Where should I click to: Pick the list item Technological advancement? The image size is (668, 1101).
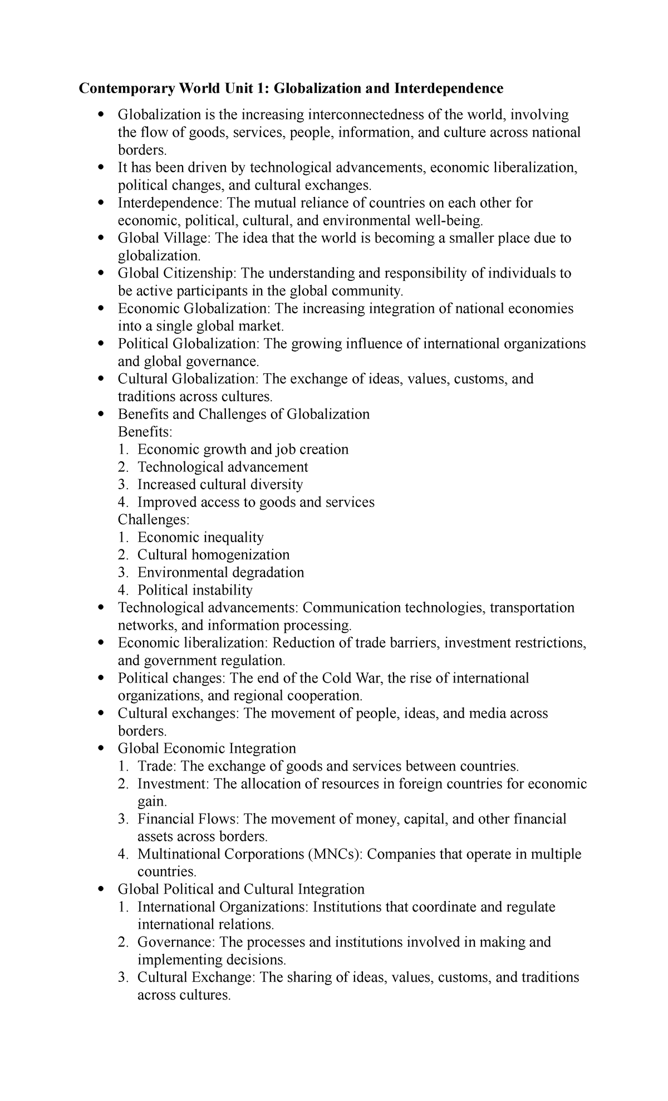[223, 467]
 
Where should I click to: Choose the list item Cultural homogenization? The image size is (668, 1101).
[214, 555]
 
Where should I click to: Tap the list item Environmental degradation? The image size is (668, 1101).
[221, 573]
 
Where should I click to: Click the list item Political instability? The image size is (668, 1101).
[195, 590]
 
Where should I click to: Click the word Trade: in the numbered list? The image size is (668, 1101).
[158, 766]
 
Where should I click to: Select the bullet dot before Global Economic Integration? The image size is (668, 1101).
[101, 749]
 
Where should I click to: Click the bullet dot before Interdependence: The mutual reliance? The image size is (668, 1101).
[101, 203]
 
